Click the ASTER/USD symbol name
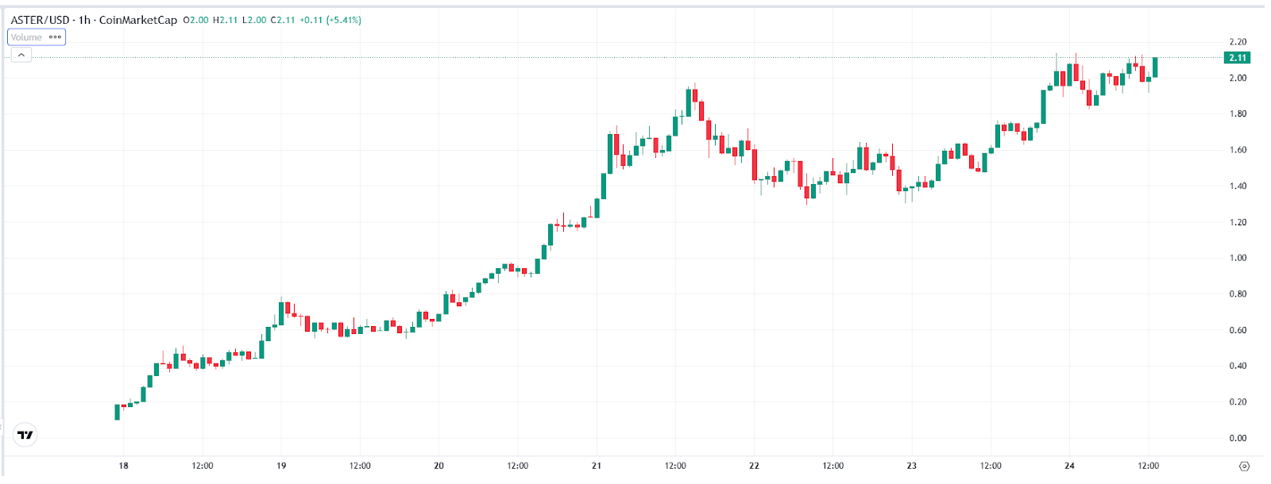[40, 20]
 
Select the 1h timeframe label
[84, 20]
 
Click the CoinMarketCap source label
[138, 20]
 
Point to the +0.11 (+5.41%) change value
[330, 20]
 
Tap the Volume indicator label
[26, 37]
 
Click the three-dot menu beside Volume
[55, 37]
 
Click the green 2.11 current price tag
[1238, 58]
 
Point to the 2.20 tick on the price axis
[1238, 42]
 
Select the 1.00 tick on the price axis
[1238, 258]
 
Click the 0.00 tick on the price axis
[1238, 438]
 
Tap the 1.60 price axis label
[1238, 150]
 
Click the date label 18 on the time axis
[124, 466]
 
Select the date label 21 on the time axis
[597, 466]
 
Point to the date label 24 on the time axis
[1069, 466]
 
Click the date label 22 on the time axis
[754, 466]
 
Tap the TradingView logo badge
[25, 435]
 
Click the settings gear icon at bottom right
[1245, 466]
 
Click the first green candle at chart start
[118, 412]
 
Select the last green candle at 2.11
[1155, 67]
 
